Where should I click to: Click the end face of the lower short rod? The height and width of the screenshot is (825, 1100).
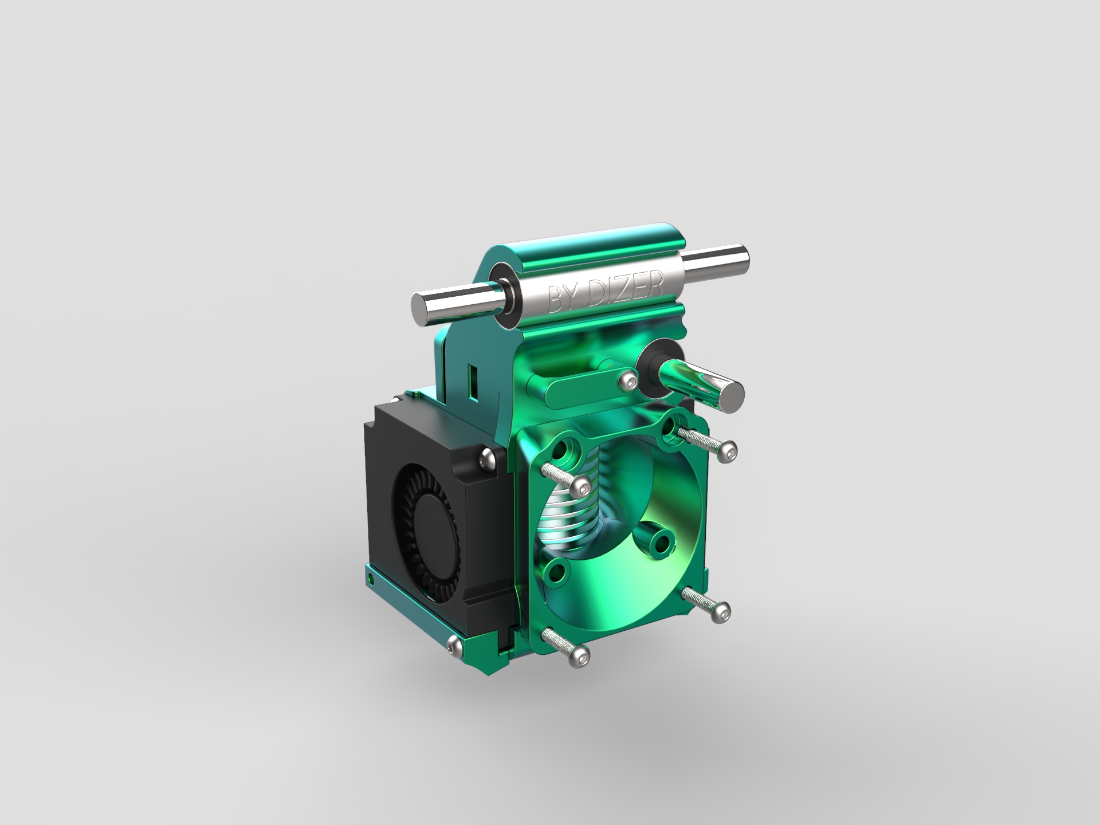pos(731,396)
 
